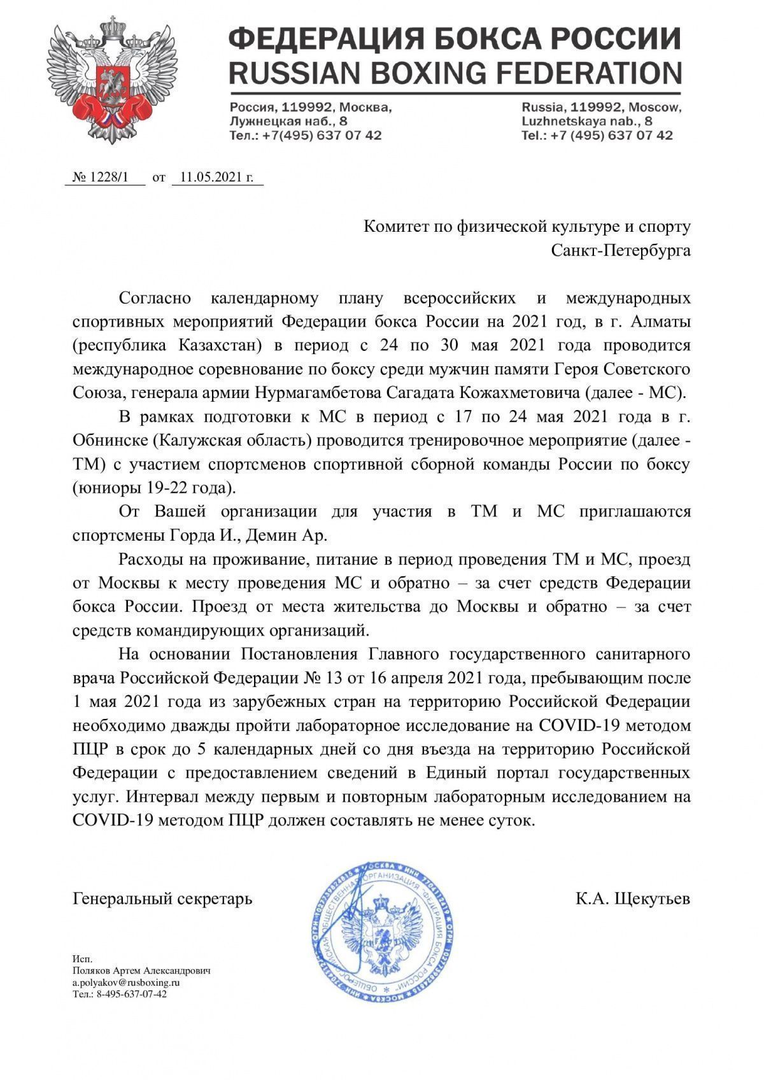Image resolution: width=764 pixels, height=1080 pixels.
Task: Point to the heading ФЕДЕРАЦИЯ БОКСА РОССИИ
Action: pyautogui.click(x=455, y=39)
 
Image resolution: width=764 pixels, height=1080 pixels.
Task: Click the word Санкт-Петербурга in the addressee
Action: pyautogui.click(x=620, y=250)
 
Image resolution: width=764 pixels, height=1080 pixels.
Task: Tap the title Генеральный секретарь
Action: pyautogui.click(x=162, y=899)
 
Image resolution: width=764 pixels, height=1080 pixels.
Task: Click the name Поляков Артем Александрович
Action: pyautogui.click(x=141, y=971)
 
